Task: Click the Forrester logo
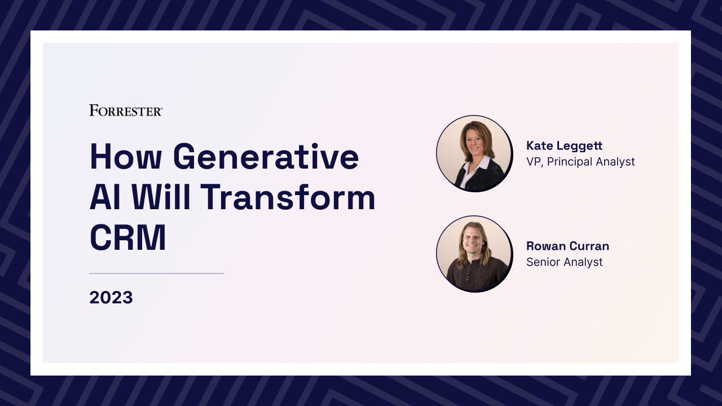click(126, 110)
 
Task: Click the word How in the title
click(125, 157)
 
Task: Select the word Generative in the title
click(266, 157)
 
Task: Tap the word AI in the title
click(105, 197)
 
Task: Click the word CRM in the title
click(127, 237)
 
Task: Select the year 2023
click(111, 297)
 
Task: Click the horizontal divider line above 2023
click(156, 273)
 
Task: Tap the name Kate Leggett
click(565, 146)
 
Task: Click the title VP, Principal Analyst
click(580, 161)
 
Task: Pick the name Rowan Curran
click(567, 246)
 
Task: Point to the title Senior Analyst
click(565, 262)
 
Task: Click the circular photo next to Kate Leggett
click(474, 153)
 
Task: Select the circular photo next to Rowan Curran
click(474, 254)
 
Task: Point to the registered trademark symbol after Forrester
click(161, 109)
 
